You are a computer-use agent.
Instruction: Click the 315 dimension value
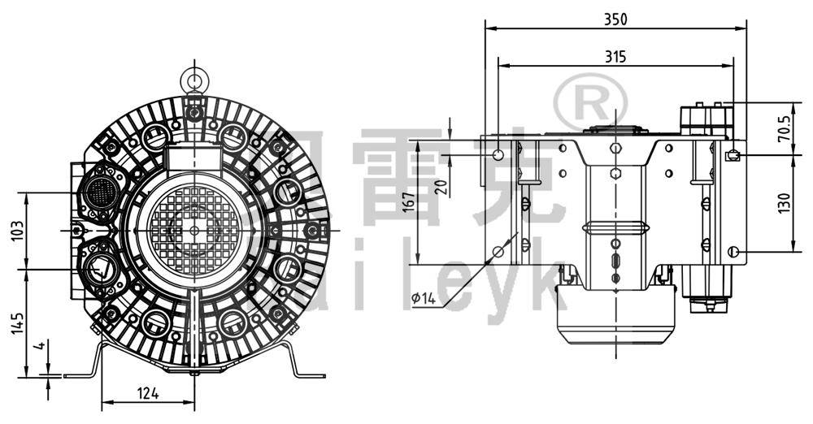[615, 56]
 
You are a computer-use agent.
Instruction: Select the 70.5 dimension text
[784, 128]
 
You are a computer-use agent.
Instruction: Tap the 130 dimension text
[784, 203]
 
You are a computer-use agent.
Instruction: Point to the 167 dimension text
[408, 202]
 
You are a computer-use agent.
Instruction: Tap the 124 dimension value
[147, 394]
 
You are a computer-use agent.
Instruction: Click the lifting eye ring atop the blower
[194, 79]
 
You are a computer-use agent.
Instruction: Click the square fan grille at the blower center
[194, 231]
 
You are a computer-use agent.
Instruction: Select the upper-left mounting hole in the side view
[499, 154]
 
